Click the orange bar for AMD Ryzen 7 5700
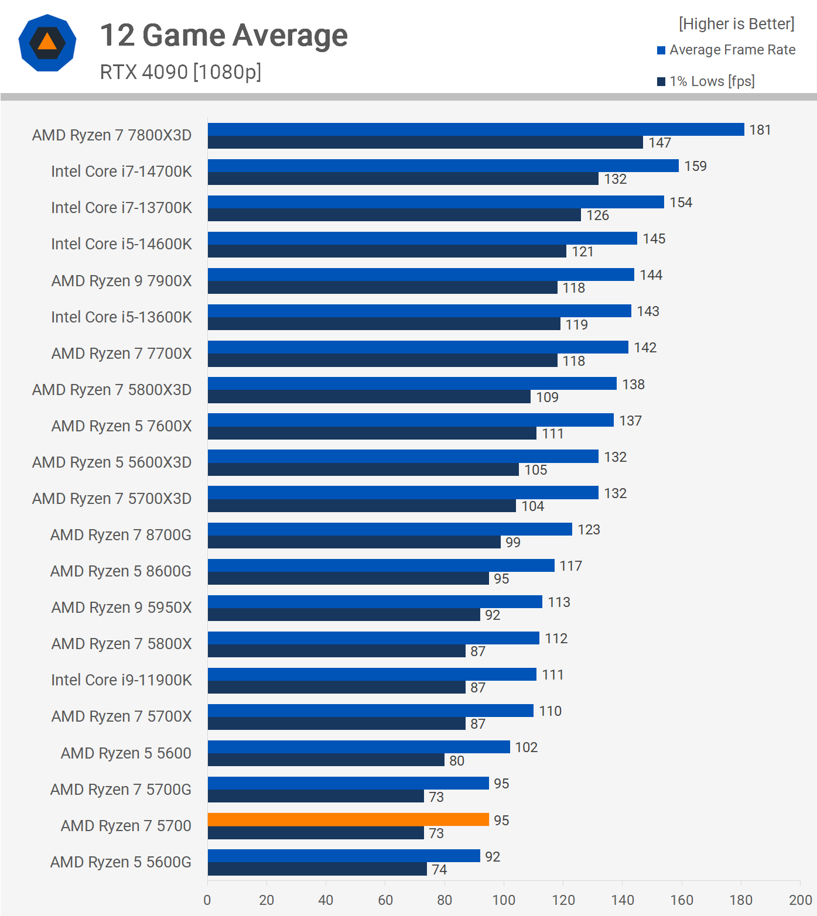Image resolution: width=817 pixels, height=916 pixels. tap(348, 819)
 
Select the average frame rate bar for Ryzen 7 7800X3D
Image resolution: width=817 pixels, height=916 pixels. tap(476, 129)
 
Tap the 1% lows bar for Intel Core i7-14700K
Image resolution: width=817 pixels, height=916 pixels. tap(403, 179)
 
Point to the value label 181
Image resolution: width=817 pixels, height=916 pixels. tap(760, 130)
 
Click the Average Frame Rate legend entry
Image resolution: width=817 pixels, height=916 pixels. tap(731, 50)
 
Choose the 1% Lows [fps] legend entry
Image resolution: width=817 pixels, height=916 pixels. tap(711, 81)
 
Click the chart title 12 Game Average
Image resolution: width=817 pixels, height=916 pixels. tap(224, 35)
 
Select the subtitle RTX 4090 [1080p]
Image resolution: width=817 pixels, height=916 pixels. tap(180, 72)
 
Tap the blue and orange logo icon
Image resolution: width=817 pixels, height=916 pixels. tap(47, 43)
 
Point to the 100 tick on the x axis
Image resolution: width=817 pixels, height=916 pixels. tap(504, 900)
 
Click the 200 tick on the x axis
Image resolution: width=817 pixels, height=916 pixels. tap(800, 900)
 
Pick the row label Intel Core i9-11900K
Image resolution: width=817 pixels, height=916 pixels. tap(121, 680)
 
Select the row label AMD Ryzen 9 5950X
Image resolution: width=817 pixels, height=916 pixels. tap(121, 608)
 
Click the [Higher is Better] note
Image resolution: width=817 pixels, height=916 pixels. tap(736, 24)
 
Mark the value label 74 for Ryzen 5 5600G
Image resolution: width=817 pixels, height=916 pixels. tap(439, 870)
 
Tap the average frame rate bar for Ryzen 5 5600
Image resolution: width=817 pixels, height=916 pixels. tap(358, 747)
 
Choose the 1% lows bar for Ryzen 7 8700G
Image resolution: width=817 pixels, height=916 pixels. tap(354, 542)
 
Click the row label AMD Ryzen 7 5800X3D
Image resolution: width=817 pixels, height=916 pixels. tap(112, 390)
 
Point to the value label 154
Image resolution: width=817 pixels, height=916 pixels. tap(681, 203)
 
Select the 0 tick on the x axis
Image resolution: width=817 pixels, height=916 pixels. tap(207, 900)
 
